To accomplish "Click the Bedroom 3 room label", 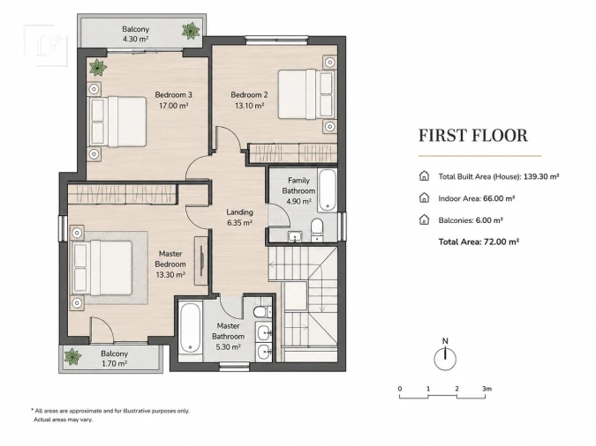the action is click(173, 95).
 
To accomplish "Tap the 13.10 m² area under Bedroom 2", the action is click(249, 106).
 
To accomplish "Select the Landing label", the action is click(239, 212).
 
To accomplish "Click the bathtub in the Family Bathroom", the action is click(328, 190).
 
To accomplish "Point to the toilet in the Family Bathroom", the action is click(317, 229).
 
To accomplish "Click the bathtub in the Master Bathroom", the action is click(190, 328).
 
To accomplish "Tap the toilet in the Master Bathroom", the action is click(262, 312).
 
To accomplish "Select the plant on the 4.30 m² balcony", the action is click(191, 31).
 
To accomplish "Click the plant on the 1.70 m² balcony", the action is click(72, 357).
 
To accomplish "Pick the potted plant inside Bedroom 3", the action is click(98, 68).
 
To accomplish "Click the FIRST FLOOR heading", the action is click(473, 136).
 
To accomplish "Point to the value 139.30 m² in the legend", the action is click(541, 176).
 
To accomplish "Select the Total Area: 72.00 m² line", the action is click(479, 242).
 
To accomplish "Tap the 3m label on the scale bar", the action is click(487, 389).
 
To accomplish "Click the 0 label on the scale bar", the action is click(400, 389).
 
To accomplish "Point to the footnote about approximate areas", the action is click(109, 415).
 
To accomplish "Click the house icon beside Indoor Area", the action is click(424, 197).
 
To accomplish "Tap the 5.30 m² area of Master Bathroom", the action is click(228, 347).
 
